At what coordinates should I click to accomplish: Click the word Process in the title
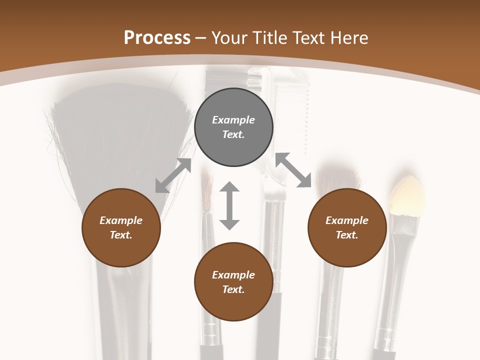click(x=157, y=38)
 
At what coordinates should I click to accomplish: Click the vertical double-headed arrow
click(x=229, y=205)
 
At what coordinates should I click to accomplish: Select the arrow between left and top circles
click(x=173, y=175)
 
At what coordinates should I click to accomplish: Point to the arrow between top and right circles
click(x=293, y=170)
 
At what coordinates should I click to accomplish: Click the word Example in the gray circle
click(x=233, y=120)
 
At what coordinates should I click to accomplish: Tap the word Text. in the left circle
click(x=121, y=235)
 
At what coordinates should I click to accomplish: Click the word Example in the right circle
click(x=347, y=220)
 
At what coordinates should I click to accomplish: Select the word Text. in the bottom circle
click(x=233, y=289)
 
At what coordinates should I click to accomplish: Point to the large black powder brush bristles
click(x=120, y=140)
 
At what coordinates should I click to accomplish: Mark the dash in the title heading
click(x=201, y=38)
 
